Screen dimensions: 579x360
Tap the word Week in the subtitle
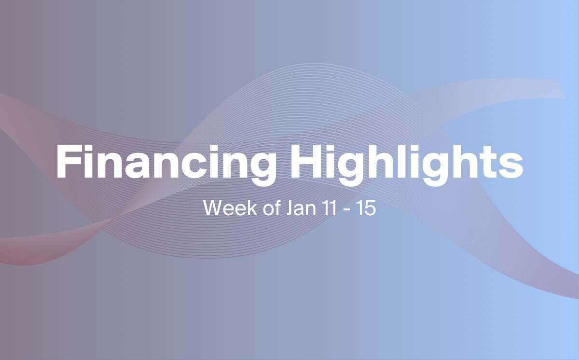tap(230, 208)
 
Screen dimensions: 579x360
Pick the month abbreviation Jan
tap(301, 208)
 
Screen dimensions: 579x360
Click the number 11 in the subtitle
tap(329, 208)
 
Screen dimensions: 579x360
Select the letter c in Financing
tap(194, 166)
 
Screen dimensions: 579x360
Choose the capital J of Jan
tap(290, 208)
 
